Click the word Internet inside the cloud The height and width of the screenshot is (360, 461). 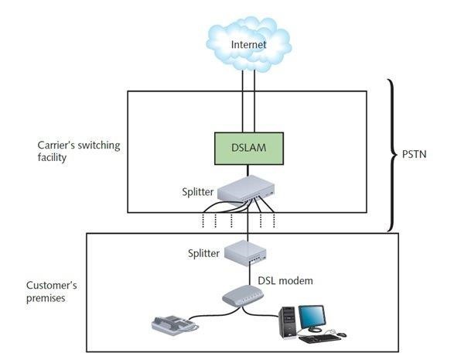pyautogui.click(x=248, y=45)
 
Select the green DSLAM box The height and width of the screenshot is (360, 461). pyautogui.click(x=249, y=149)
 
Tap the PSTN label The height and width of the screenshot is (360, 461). pyautogui.click(x=414, y=154)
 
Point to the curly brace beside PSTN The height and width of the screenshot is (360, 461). pyautogui.click(x=392, y=155)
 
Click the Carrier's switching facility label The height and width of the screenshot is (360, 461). pyautogui.click(x=79, y=151)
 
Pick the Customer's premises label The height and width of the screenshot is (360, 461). pyautogui.click(x=52, y=291)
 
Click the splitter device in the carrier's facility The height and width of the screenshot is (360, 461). pyautogui.click(x=246, y=190)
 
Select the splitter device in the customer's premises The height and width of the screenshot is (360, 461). pyautogui.click(x=245, y=253)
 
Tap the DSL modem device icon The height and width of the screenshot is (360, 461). pyautogui.click(x=243, y=295)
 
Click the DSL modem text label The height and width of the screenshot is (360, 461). pyautogui.click(x=285, y=281)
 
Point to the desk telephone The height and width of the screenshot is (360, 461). pyautogui.click(x=175, y=326)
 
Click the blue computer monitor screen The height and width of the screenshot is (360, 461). pyautogui.click(x=312, y=316)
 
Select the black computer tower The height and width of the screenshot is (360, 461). pyautogui.click(x=288, y=322)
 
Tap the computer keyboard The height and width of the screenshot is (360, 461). pyautogui.click(x=319, y=338)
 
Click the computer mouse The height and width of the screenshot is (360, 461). pyautogui.click(x=342, y=334)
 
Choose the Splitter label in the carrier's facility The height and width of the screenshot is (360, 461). pyautogui.click(x=197, y=192)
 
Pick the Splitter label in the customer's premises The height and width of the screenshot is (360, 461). pyautogui.click(x=203, y=253)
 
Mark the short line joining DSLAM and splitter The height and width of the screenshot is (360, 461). pyautogui.click(x=248, y=170)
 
